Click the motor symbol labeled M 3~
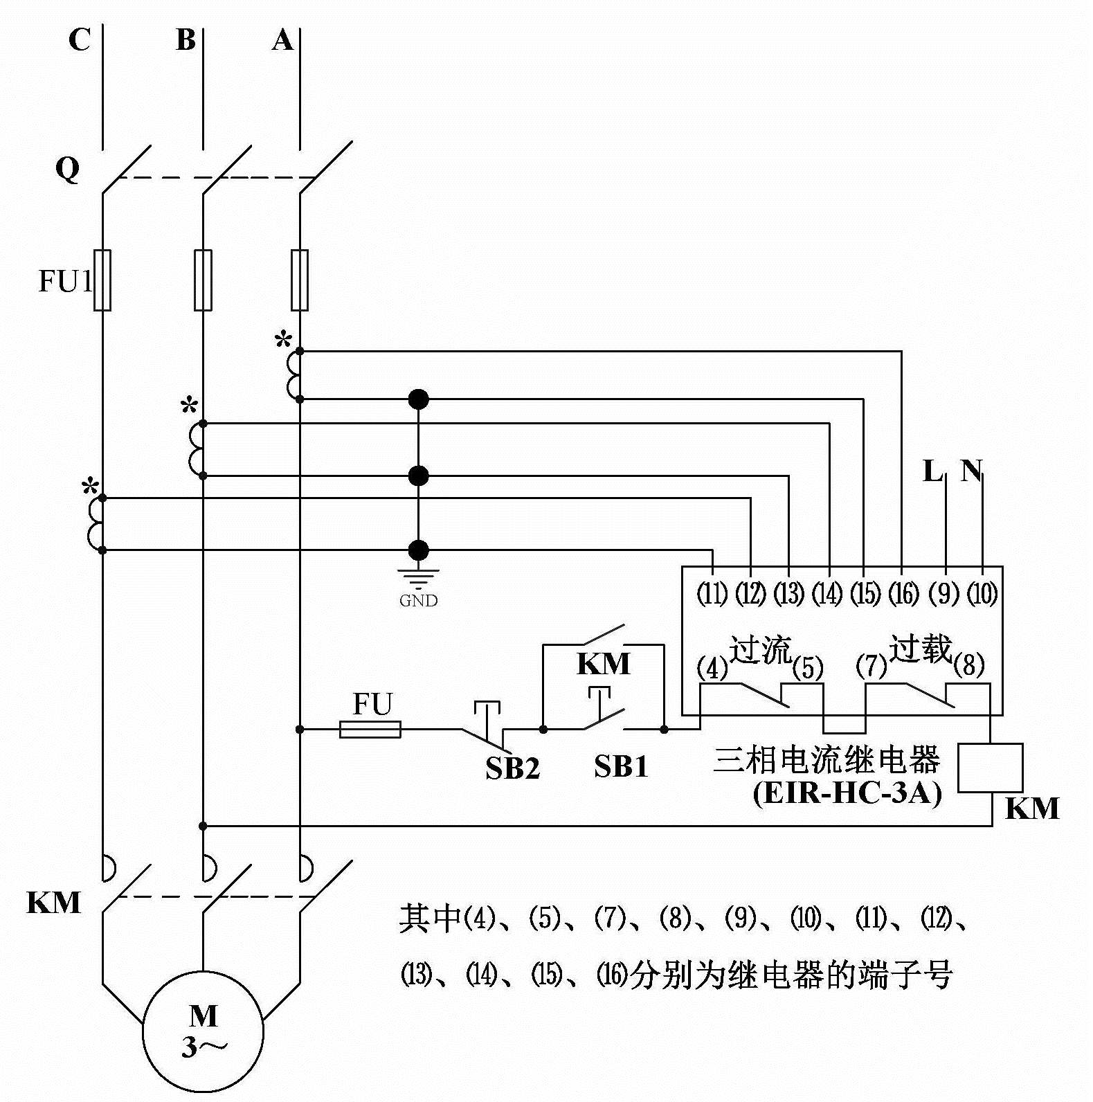pyautogui.click(x=203, y=1031)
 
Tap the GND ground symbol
pyautogui.click(x=418, y=577)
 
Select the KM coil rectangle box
pyautogui.click(x=990, y=768)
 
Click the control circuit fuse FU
pyautogui.click(x=370, y=729)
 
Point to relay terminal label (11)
pyautogui.click(x=712, y=593)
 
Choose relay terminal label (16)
pyautogui.click(x=903, y=593)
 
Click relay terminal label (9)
pyautogui.click(x=943, y=593)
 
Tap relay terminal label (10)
pyautogui.click(x=982, y=593)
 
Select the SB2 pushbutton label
pyautogui.click(x=512, y=768)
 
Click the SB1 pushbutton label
pyautogui.click(x=621, y=766)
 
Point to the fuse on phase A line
pyautogui.click(x=300, y=280)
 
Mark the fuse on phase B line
pyautogui.click(x=203, y=280)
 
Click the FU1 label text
pyautogui.click(x=65, y=281)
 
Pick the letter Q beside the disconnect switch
pyautogui.click(x=68, y=168)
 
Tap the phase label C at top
pyautogui.click(x=79, y=40)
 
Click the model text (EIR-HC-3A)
pyautogui.click(x=847, y=793)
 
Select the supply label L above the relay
pyautogui.click(x=932, y=471)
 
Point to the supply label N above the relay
pyautogui.click(x=970, y=471)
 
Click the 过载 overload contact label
pyautogui.click(x=921, y=648)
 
